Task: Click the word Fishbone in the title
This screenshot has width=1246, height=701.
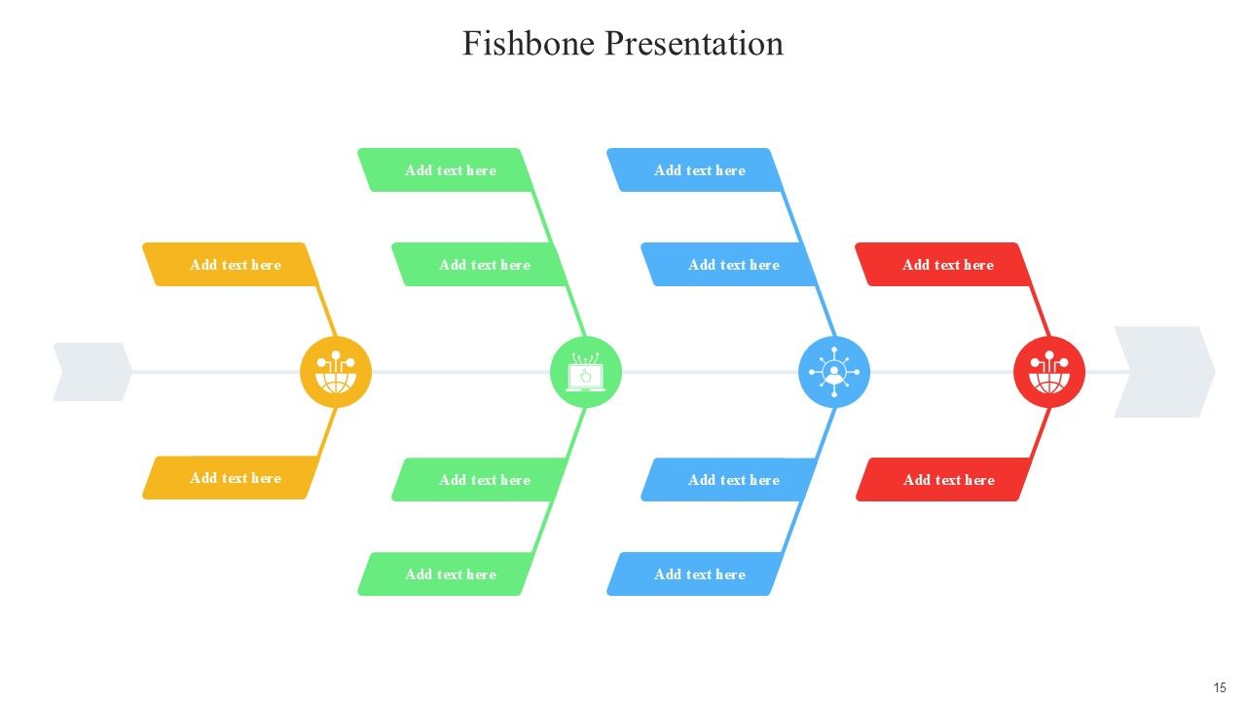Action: click(529, 44)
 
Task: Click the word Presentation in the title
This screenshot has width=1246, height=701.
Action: click(694, 44)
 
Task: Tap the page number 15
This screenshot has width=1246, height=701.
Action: click(1220, 687)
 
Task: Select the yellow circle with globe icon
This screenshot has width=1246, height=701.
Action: click(336, 372)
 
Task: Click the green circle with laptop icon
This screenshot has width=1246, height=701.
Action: click(586, 372)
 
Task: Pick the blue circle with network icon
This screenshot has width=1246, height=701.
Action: click(834, 372)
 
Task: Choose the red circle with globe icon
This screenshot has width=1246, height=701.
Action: click(1049, 372)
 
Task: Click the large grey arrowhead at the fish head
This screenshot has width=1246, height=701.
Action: click(1165, 372)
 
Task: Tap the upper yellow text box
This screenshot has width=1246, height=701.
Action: click(231, 264)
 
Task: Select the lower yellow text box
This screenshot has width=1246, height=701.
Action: click(231, 477)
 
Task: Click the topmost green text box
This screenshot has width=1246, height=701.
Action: click(446, 169)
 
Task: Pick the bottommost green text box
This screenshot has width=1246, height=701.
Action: click(446, 573)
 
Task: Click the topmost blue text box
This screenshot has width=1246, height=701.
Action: click(695, 169)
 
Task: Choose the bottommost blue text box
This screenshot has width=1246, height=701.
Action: click(695, 573)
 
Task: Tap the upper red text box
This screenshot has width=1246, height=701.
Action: click(943, 264)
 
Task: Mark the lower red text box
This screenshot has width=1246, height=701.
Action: click(943, 480)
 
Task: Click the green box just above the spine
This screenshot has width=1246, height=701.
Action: click(480, 264)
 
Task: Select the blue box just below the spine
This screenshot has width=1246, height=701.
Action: click(729, 480)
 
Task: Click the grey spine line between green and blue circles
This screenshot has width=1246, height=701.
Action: click(710, 372)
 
